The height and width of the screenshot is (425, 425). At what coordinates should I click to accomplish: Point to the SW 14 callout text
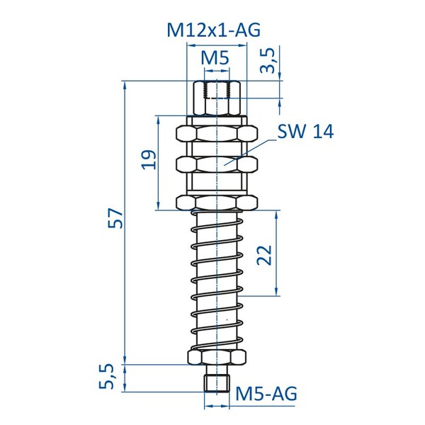pyautogui.click(x=305, y=132)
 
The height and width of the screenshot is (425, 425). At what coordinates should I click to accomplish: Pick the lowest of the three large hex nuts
pyautogui.click(x=216, y=203)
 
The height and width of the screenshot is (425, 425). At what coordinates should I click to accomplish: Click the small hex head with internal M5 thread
pyautogui.click(x=216, y=96)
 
